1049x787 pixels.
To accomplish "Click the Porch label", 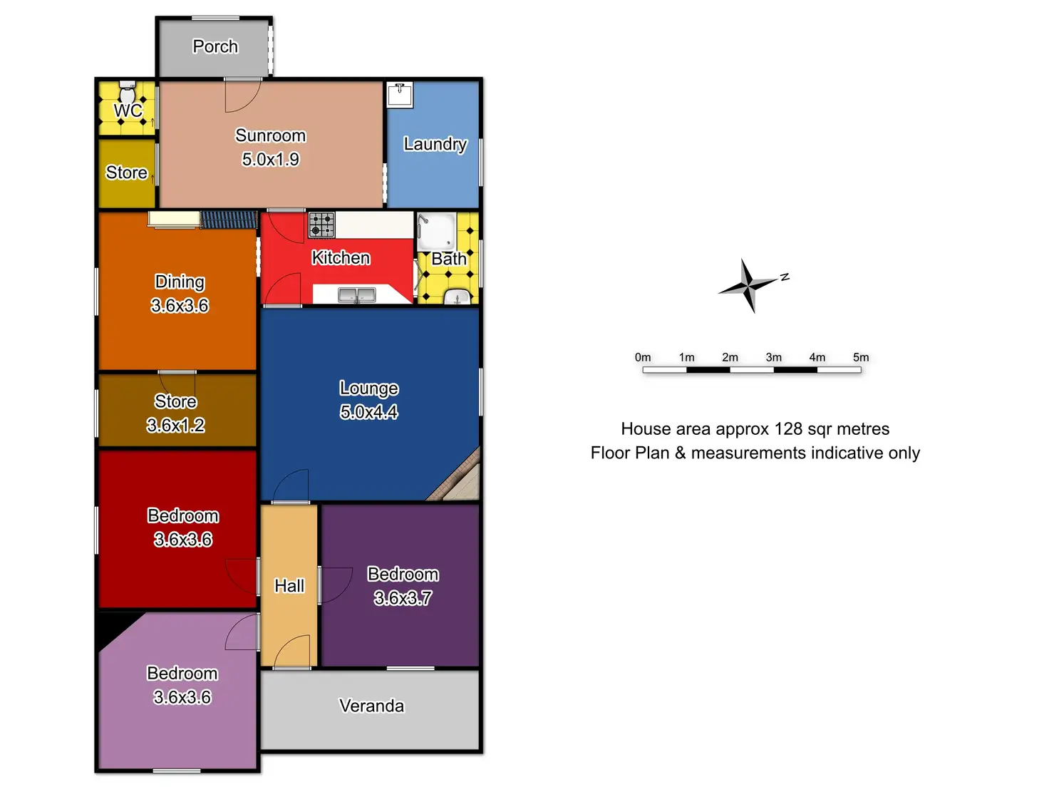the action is tap(215, 46).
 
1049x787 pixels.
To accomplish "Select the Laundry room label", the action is tap(435, 144).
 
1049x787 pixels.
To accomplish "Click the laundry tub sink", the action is tap(399, 95).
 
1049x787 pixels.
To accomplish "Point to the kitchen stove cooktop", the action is tap(321, 225).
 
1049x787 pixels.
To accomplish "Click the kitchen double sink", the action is tap(356, 294).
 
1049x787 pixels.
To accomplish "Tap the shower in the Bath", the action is tap(435, 230).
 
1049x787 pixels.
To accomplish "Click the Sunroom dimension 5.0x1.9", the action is tap(270, 159).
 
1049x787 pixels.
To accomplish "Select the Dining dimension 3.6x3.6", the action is tap(180, 306).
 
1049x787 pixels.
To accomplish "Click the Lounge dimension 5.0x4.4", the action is tap(368, 412).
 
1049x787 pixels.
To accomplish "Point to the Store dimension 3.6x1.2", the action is tap(175, 426).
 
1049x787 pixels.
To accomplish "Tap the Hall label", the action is tap(289, 586).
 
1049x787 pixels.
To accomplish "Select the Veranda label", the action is tap(371, 706).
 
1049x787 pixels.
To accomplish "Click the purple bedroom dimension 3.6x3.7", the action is tap(403, 598).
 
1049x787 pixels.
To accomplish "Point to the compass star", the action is tap(748, 285).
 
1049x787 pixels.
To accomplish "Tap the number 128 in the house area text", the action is tap(788, 429).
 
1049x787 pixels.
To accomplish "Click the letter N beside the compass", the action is tap(785, 277).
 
